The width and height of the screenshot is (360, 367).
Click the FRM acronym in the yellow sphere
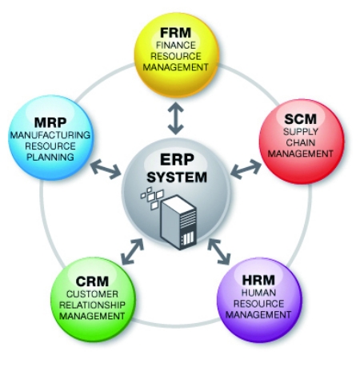(176, 33)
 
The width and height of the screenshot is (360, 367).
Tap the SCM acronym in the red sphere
(301, 119)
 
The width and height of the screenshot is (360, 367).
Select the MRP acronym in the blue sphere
(50, 122)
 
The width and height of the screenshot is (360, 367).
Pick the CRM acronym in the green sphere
(92, 281)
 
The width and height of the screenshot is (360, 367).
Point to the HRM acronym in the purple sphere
(258, 280)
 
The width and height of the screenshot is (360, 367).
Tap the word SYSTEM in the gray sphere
(177, 178)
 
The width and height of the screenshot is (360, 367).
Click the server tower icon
(178, 222)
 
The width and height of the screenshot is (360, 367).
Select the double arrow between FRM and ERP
(176, 118)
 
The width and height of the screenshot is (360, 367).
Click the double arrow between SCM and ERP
(246, 169)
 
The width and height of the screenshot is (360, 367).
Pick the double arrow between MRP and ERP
(106, 169)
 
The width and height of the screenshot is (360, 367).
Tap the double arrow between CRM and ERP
(133, 251)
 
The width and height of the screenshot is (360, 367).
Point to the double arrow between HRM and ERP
(218, 251)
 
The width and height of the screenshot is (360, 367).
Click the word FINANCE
(176, 46)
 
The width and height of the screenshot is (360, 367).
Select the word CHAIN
(301, 142)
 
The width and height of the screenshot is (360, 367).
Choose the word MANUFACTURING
(50, 135)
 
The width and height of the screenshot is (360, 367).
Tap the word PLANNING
(50, 157)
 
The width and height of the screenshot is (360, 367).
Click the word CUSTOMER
(92, 294)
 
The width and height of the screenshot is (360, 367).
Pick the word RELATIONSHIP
(92, 305)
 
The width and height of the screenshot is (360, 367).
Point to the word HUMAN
(258, 293)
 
